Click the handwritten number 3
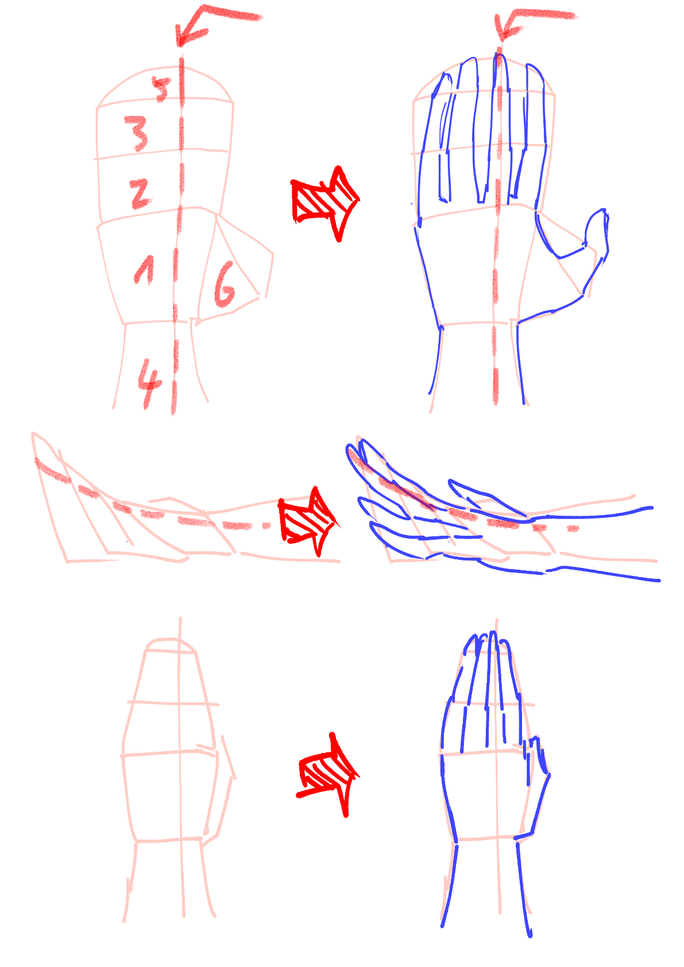(x=136, y=133)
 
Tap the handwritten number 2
(x=140, y=194)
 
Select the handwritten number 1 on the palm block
(x=144, y=270)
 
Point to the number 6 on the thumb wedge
(x=225, y=285)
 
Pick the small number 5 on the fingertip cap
(x=162, y=90)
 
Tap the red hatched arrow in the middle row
(x=307, y=521)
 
